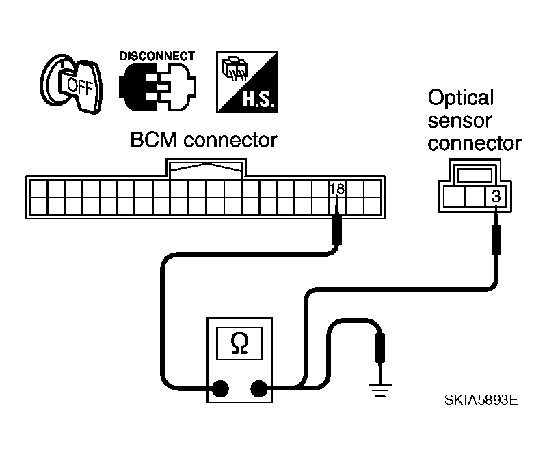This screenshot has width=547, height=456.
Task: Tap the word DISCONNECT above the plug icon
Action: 157,57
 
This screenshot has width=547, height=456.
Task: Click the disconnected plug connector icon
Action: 157,89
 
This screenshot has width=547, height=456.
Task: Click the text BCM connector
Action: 204,141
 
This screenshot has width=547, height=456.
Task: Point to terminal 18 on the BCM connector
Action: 336,189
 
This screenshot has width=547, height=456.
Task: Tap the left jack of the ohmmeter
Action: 219,389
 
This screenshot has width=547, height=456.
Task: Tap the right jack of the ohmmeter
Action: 259,389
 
